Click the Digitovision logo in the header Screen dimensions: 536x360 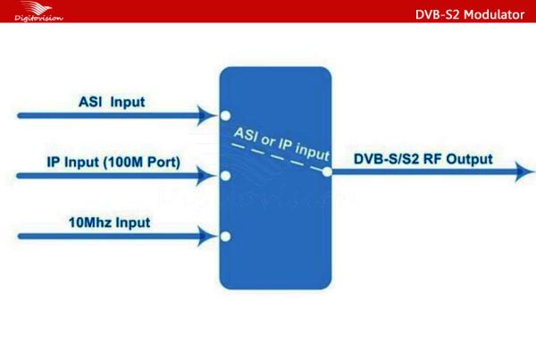pyautogui.click(x=38, y=12)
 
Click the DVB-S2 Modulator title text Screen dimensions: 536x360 pyautogui.click(x=470, y=14)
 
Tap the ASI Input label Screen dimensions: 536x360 pyautogui.click(x=112, y=102)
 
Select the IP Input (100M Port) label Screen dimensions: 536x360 pyautogui.click(x=113, y=162)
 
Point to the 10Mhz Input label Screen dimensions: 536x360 pyautogui.click(x=109, y=222)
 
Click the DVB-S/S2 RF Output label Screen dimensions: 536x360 pyautogui.click(x=423, y=159)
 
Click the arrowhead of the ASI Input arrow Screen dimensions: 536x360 pyautogui.click(x=207, y=115)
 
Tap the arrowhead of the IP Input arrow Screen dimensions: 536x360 pyautogui.click(x=206, y=176)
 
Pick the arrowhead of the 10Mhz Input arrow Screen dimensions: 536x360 pyautogui.click(x=207, y=236)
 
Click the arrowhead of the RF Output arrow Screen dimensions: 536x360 pyautogui.click(x=524, y=172)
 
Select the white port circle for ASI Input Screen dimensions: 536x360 pyautogui.click(x=225, y=115)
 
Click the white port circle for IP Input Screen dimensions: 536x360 pyautogui.click(x=226, y=176)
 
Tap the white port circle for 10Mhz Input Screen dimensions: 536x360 pyautogui.click(x=226, y=236)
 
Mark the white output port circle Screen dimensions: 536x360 pyautogui.click(x=327, y=172)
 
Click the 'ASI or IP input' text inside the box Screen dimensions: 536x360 pyautogui.click(x=281, y=144)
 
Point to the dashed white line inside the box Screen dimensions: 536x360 pyautogui.click(x=277, y=157)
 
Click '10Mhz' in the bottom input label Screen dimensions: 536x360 pyautogui.click(x=90, y=222)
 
